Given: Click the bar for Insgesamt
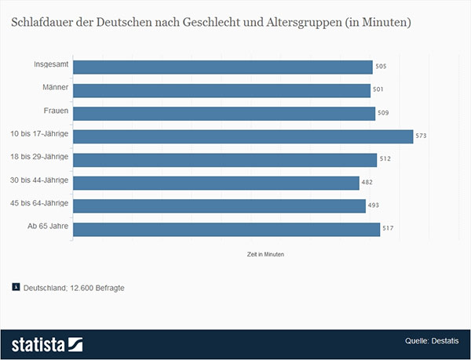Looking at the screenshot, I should [222, 67].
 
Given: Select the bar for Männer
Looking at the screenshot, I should [221, 90].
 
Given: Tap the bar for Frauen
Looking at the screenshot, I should [224, 113].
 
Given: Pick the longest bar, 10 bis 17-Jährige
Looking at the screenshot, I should [243, 136].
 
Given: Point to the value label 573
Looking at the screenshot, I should [421, 136].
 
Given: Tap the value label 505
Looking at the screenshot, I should [381, 67].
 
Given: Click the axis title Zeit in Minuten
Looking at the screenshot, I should [265, 255].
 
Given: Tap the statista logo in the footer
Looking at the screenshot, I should [47, 344].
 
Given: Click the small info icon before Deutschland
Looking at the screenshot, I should [16, 287].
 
